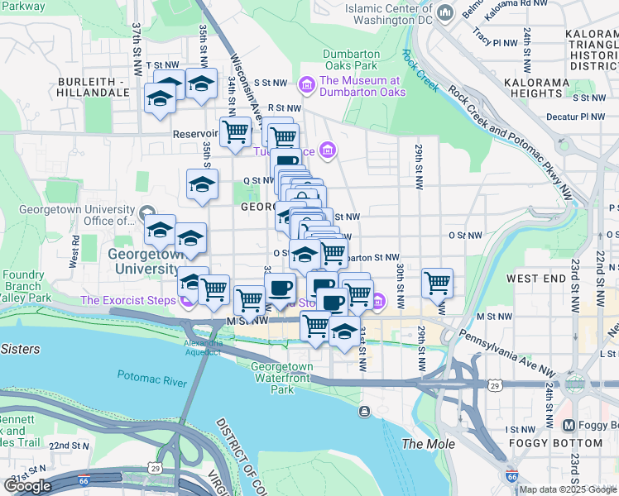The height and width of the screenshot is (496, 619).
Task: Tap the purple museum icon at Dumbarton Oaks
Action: (x=308, y=84)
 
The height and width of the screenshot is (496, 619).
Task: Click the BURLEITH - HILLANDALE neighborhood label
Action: (x=93, y=87)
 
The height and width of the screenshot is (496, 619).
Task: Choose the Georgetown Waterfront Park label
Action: (x=282, y=377)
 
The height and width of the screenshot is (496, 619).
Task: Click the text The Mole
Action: (x=423, y=444)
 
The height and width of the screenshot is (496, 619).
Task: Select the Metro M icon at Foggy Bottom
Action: (x=569, y=425)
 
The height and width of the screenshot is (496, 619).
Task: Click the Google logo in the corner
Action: (x=27, y=486)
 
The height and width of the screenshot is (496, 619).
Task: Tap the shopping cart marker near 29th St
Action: (x=437, y=283)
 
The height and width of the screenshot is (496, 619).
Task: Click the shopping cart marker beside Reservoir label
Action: (x=235, y=131)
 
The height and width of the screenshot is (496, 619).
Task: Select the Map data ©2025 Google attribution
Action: (x=568, y=489)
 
